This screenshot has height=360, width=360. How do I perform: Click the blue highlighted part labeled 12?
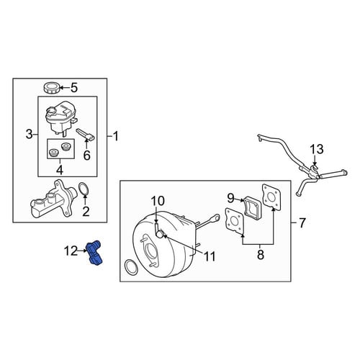tap(95, 253)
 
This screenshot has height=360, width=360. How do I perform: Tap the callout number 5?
tap(74, 88)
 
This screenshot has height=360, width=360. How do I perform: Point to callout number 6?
tap(86, 155)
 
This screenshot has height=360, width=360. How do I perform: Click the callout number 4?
tap(60, 170)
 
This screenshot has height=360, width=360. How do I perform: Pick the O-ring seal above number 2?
tap(84, 189)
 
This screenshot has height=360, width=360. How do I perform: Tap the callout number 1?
tap(116, 136)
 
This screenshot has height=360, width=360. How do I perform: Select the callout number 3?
tap(29, 134)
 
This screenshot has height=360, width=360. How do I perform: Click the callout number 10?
tap(158, 201)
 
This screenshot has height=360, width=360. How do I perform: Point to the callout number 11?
tap(209, 256)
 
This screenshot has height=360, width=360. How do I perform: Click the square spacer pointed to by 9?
tap(251, 207)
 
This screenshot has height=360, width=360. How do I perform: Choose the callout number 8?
tap(261, 254)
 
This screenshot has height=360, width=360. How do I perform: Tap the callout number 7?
tap(302, 223)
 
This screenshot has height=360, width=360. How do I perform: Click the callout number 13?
tap(317, 149)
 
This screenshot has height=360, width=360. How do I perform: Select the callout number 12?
tap(71, 251)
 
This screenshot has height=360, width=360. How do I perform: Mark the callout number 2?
tap(86, 211)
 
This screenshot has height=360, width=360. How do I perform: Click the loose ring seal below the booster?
tap(132, 267)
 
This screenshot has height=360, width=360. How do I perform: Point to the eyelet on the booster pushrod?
tap(215, 217)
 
